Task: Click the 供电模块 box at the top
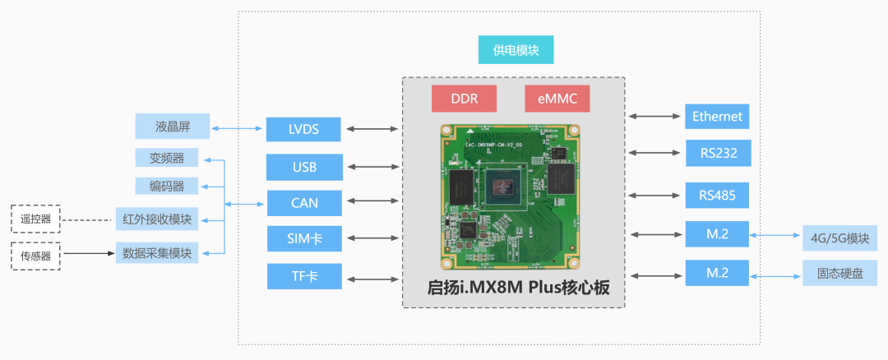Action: tap(516, 50)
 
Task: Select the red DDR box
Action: tap(464, 99)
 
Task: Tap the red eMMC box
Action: tap(557, 99)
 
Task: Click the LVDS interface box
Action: tap(304, 129)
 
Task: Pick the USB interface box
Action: tap(304, 167)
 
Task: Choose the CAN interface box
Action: tap(304, 202)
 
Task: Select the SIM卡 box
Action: tap(304, 238)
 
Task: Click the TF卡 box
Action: tap(304, 276)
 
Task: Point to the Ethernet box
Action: tap(717, 117)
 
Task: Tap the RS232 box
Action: tap(717, 153)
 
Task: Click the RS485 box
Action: tap(717, 196)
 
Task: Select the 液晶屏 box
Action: tap(172, 127)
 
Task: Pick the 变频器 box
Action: tap(166, 158)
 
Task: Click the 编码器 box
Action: tap(166, 186)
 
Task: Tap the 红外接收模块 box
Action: tap(156, 219)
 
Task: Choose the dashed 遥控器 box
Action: tap(35, 219)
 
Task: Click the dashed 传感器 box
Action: tap(35, 255)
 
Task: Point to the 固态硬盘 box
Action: tap(835, 273)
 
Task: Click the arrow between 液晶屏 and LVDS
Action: tap(238, 128)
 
